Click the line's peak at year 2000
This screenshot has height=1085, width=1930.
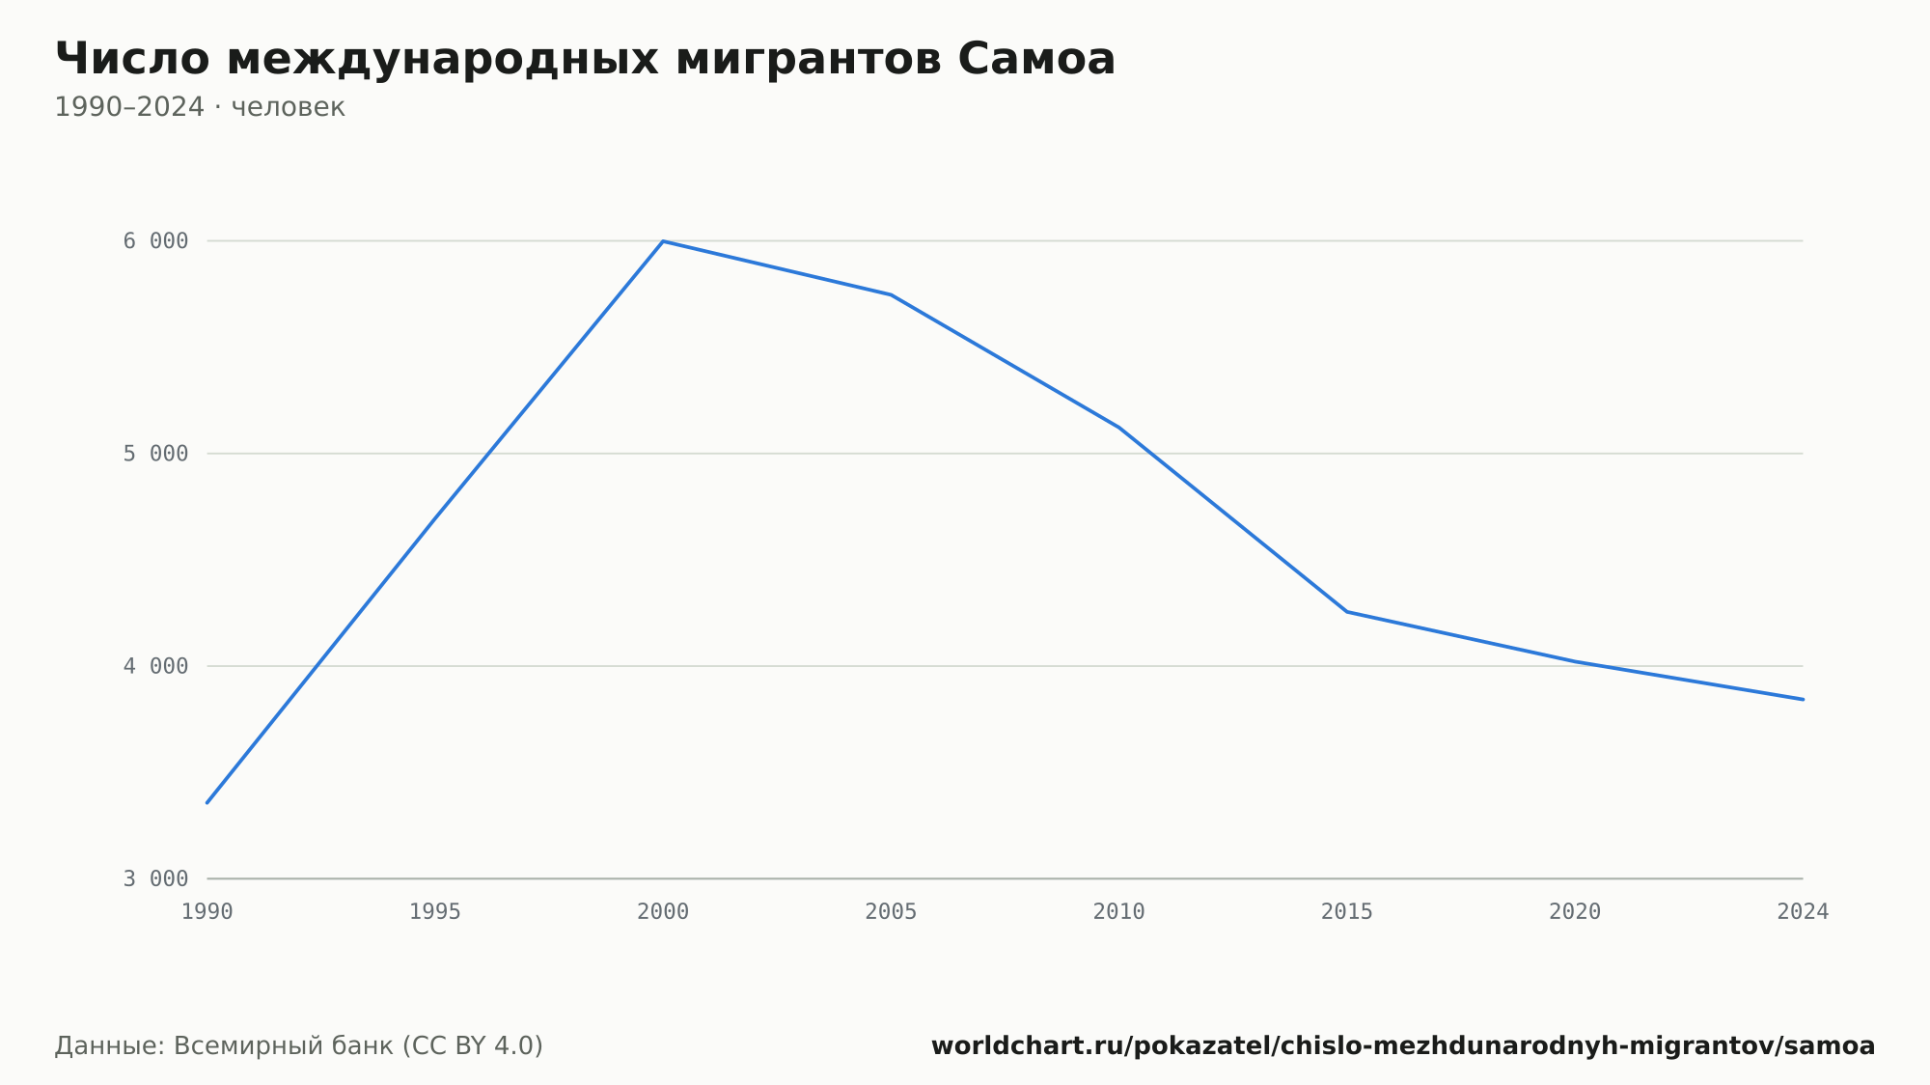[663, 241]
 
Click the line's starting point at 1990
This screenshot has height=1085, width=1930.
[207, 802]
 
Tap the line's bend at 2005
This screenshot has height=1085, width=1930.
[891, 294]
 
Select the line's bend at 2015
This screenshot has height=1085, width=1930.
[1347, 612]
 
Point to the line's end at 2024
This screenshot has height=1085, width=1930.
[1803, 699]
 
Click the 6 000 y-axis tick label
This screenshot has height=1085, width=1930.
[155, 241]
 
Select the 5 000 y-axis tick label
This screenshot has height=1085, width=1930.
[155, 454]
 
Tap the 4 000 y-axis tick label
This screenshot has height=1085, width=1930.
[155, 666]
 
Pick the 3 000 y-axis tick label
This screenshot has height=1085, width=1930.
[155, 878]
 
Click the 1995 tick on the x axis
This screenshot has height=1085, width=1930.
[435, 911]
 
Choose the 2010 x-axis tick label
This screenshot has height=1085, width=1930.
[1119, 911]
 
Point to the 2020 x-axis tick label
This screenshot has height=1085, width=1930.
[1575, 911]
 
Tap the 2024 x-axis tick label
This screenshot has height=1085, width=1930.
[1803, 911]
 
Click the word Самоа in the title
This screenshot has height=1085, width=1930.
[1036, 59]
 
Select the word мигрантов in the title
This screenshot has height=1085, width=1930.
[809, 61]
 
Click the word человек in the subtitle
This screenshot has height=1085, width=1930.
[289, 107]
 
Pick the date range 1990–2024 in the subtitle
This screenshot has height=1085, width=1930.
[129, 107]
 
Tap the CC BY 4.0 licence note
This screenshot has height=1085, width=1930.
[472, 1045]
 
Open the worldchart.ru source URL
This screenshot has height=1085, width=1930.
[1403, 1045]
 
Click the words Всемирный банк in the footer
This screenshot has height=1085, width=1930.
[284, 1045]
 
